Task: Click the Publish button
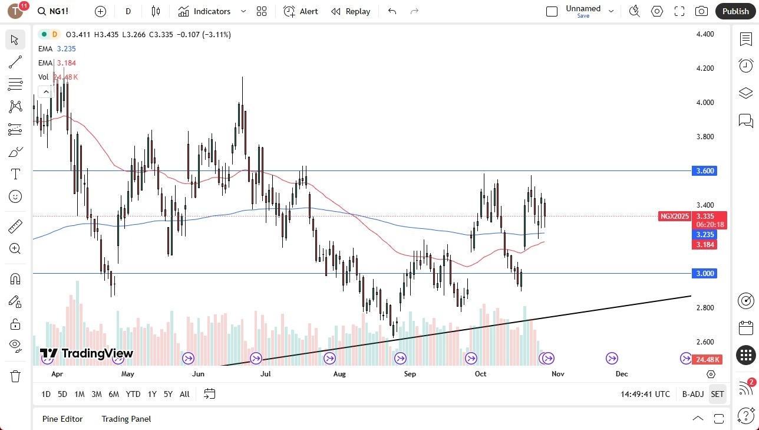pos(735,11)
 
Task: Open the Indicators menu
pos(212,11)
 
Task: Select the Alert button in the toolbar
pos(301,11)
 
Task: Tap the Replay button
pos(351,11)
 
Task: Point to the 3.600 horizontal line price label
pos(705,171)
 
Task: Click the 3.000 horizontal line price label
pos(705,274)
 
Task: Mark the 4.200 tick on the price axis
pos(705,68)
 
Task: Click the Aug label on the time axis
pos(339,373)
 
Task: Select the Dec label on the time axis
pos(621,373)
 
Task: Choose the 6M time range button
pos(114,394)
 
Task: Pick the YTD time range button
pos(133,394)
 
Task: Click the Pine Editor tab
pos(62,419)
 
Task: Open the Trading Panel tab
pos(126,419)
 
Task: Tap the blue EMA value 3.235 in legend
pos(66,49)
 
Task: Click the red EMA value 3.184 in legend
pos(66,63)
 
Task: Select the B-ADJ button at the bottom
pos(692,394)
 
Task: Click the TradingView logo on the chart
pos(87,353)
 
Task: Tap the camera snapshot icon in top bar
pos(701,11)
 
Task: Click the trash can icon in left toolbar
pos(15,376)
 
